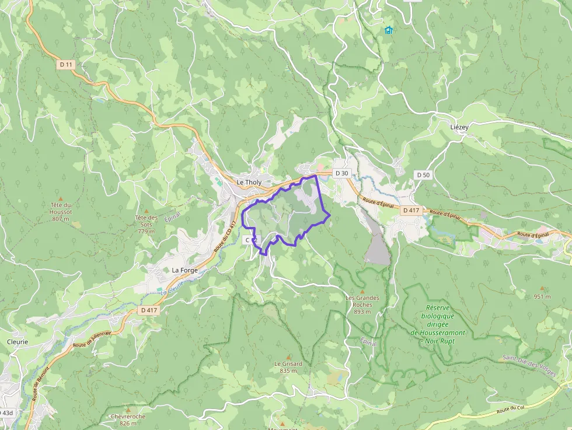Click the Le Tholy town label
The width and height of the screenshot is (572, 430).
(x=249, y=183)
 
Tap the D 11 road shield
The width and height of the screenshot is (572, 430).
(x=66, y=65)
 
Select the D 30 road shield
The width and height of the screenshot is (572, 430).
(x=341, y=173)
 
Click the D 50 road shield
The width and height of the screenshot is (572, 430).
(x=423, y=175)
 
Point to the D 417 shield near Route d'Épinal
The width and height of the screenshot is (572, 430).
(x=410, y=210)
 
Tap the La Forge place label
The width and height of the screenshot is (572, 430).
(x=185, y=271)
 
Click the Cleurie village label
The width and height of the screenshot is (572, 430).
(x=18, y=342)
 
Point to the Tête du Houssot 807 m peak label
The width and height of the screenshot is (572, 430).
(x=61, y=212)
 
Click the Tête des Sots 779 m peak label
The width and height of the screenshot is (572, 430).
(x=147, y=224)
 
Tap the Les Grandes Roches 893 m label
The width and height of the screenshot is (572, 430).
(x=362, y=305)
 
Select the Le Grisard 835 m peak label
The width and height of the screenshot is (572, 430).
(x=288, y=367)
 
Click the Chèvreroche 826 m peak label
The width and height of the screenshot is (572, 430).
(x=128, y=419)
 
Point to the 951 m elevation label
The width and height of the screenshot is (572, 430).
(x=542, y=296)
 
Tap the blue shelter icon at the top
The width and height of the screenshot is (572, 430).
(x=389, y=30)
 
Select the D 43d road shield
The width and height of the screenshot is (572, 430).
(x=6, y=412)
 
